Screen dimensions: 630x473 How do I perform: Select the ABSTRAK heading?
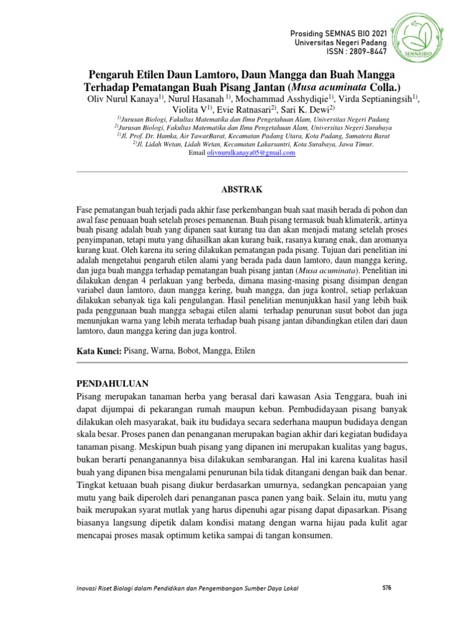point(236,190)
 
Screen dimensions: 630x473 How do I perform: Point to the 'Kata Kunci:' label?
point(99,350)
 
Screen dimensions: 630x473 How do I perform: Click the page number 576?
point(387,589)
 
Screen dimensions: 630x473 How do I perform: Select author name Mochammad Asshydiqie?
point(280,99)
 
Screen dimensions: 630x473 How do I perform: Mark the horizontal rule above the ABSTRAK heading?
point(236,171)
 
